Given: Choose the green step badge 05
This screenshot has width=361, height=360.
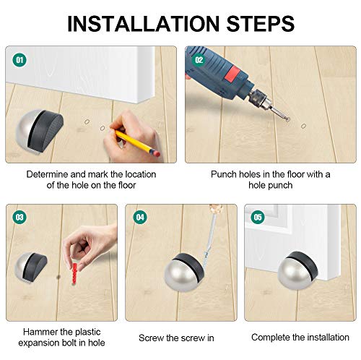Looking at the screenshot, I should [x=258, y=218].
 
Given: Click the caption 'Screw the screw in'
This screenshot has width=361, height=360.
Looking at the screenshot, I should [x=177, y=337].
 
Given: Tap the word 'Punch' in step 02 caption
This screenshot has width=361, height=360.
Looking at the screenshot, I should [x=225, y=174].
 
